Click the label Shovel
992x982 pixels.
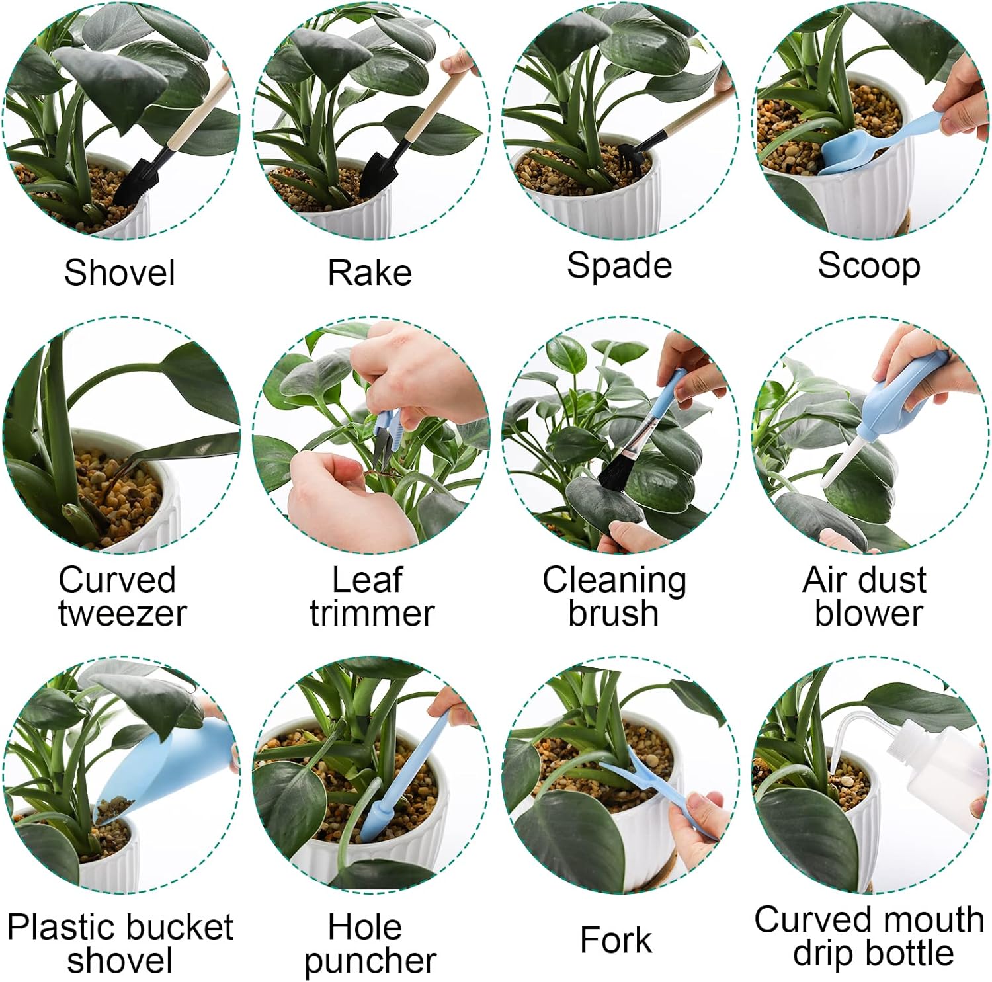click(120, 272)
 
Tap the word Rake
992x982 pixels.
click(370, 272)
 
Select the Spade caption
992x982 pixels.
click(620, 266)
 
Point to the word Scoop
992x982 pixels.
click(869, 266)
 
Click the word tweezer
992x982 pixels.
click(122, 613)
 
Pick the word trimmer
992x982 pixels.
click(372, 613)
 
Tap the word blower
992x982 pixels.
click(868, 613)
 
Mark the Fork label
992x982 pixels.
click(616, 940)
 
